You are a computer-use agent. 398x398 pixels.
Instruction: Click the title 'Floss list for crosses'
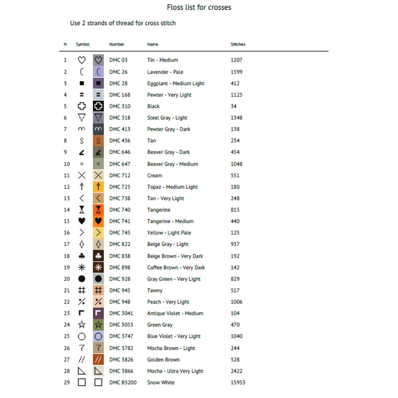[x=199, y=7]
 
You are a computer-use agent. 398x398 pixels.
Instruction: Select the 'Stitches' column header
[x=238, y=44]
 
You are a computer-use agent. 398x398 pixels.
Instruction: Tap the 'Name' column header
[x=152, y=44]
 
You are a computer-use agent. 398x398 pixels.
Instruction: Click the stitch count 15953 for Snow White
[x=238, y=382]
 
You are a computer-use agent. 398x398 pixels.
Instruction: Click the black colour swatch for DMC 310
[x=98, y=106]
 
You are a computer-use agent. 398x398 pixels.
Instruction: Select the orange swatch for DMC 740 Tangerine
[x=98, y=210]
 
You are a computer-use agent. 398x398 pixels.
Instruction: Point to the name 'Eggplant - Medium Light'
[x=176, y=84]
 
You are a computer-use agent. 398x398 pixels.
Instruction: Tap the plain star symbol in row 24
[x=82, y=325]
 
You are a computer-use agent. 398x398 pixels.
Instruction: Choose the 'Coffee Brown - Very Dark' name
[x=176, y=267]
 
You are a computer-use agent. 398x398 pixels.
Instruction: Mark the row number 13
[x=67, y=198]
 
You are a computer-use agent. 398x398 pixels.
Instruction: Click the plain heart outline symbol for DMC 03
[x=82, y=60]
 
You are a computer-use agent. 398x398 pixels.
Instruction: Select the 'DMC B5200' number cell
[x=123, y=382]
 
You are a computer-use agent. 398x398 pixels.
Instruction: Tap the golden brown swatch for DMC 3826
[x=98, y=359]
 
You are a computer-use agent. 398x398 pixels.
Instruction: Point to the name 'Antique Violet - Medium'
[x=175, y=313]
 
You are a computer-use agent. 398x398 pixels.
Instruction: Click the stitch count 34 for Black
[x=234, y=106]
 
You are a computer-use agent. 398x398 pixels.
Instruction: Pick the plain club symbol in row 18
[x=82, y=256]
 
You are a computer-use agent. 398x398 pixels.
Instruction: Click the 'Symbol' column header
[x=83, y=44]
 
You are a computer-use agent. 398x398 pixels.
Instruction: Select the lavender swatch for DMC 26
[x=98, y=72]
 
